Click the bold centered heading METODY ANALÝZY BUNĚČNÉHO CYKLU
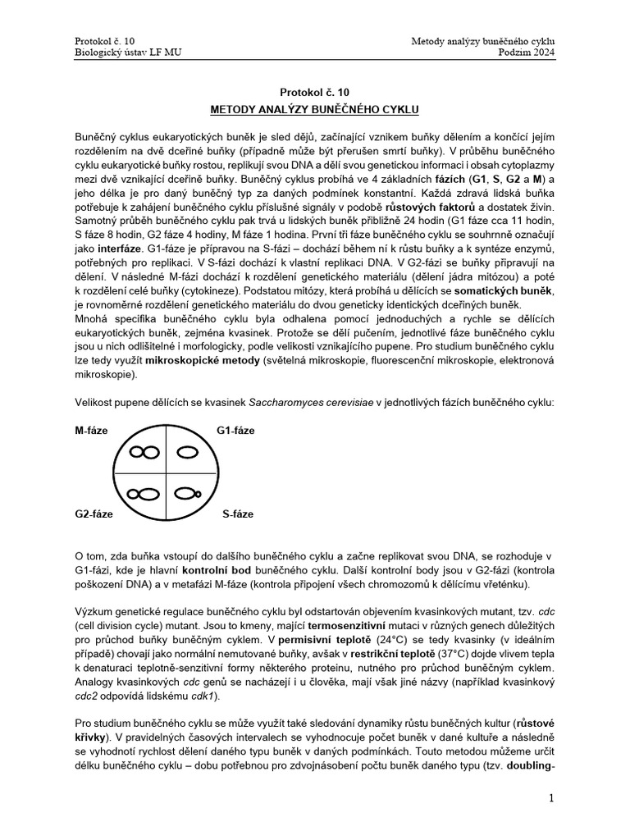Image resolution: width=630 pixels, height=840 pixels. [x=315, y=108]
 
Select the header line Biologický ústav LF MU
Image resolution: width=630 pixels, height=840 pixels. [x=128, y=52]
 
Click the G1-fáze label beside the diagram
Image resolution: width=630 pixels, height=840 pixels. [x=235, y=431]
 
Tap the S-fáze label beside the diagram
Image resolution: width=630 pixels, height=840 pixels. [x=238, y=514]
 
